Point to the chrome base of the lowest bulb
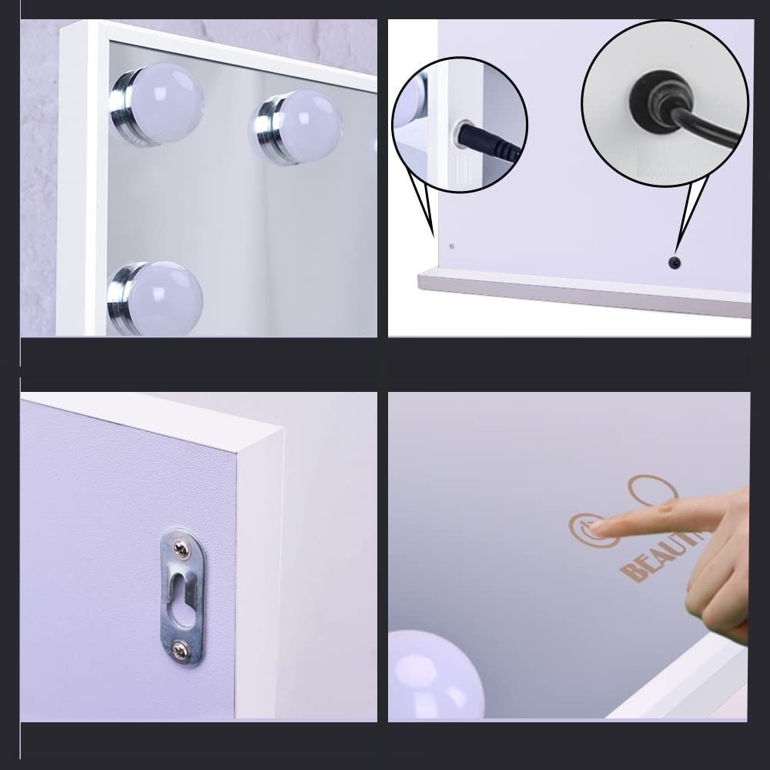click(122, 296)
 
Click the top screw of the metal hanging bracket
click(181, 548)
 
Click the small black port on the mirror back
click(675, 263)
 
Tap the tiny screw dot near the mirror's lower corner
click(451, 246)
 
